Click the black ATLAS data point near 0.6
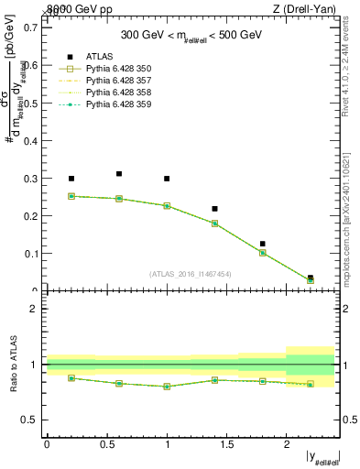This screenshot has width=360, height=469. point(119,173)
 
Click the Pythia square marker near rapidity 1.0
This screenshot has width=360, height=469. point(167,206)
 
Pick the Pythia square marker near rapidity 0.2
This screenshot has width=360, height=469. point(71,196)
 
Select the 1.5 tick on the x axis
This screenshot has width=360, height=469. point(226,444)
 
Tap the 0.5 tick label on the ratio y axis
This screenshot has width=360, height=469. point(32,420)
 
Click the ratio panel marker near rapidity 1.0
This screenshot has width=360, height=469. point(167,387)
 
